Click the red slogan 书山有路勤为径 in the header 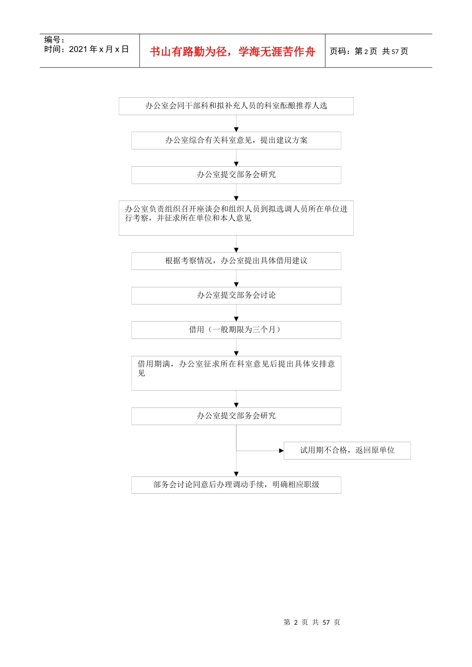(x=189, y=52)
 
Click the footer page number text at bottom (x=312, y=622)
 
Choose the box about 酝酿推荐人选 (x=236, y=106)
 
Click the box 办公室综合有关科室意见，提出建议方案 (x=236, y=140)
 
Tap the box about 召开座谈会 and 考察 (x=236, y=218)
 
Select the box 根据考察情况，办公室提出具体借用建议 (x=236, y=261)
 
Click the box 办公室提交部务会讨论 (x=236, y=295)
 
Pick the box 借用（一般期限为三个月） (x=236, y=330)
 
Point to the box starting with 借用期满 (x=236, y=373)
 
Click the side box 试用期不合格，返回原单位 (x=347, y=450)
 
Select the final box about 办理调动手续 (x=236, y=485)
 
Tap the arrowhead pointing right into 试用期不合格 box (x=281, y=451)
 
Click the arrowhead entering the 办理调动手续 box (x=236, y=474)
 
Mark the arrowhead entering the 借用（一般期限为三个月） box (x=236, y=319)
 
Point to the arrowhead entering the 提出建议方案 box (x=236, y=129)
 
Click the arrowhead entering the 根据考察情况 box (x=236, y=250)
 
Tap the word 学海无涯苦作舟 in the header (x=277, y=52)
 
